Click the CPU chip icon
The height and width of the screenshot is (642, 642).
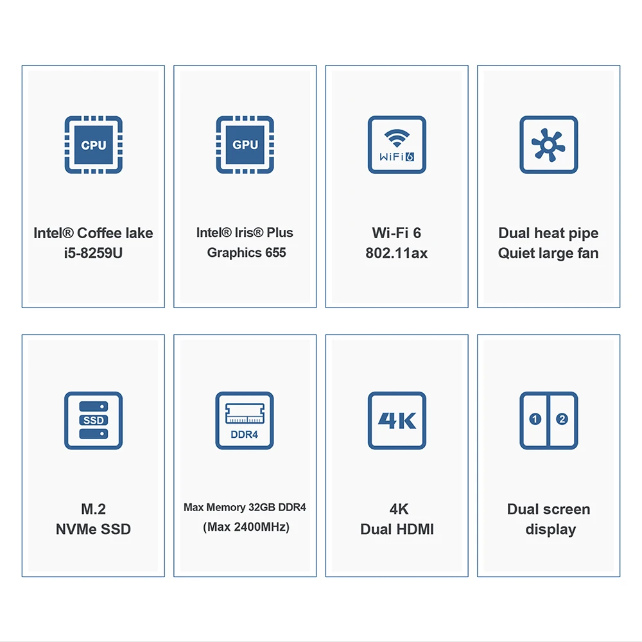[93, 144]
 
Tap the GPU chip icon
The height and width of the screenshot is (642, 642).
[245, 144]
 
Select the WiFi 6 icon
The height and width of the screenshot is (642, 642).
[397, 144]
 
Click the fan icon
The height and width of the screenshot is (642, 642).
[548, 144]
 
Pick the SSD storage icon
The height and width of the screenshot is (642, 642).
[93, 421]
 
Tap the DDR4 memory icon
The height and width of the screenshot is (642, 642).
[245, 421]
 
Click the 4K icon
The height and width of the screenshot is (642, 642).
[397, 421]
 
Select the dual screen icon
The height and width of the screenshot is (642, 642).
[548, 421]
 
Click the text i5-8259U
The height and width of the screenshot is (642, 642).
[93, 253]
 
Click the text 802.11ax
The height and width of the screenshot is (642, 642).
[397, 253]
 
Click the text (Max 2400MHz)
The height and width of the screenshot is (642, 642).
[246, 527]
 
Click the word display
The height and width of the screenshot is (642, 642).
[550, 530]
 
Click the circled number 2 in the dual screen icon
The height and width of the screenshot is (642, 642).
[562, 419]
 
